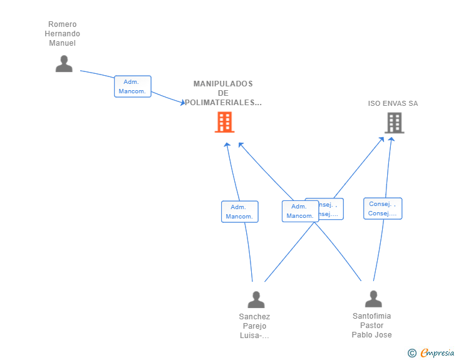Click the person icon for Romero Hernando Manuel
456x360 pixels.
(64, 64)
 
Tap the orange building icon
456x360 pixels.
(224, 122)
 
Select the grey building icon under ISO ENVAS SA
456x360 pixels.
(394, 123)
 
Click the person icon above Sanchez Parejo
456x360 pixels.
(256, 300)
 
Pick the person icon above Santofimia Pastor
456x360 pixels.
(373, 299)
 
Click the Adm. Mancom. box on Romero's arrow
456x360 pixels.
(133, 86)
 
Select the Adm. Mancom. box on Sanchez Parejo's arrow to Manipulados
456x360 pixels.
(239, 212)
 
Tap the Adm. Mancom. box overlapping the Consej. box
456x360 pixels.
(300, 212)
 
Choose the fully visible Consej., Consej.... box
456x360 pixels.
(383, 208)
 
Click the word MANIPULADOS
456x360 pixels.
(223, 83)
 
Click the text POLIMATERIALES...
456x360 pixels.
(223, 103)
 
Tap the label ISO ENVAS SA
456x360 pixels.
(393, 103)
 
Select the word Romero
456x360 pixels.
(63, 24)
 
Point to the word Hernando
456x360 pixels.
(63, 34)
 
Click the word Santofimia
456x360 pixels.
(371, 316)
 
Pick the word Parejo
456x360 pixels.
(254, 326)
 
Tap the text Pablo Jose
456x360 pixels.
(371, 335)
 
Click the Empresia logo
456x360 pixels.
(437, 353)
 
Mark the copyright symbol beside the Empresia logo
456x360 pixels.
(412, 353)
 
